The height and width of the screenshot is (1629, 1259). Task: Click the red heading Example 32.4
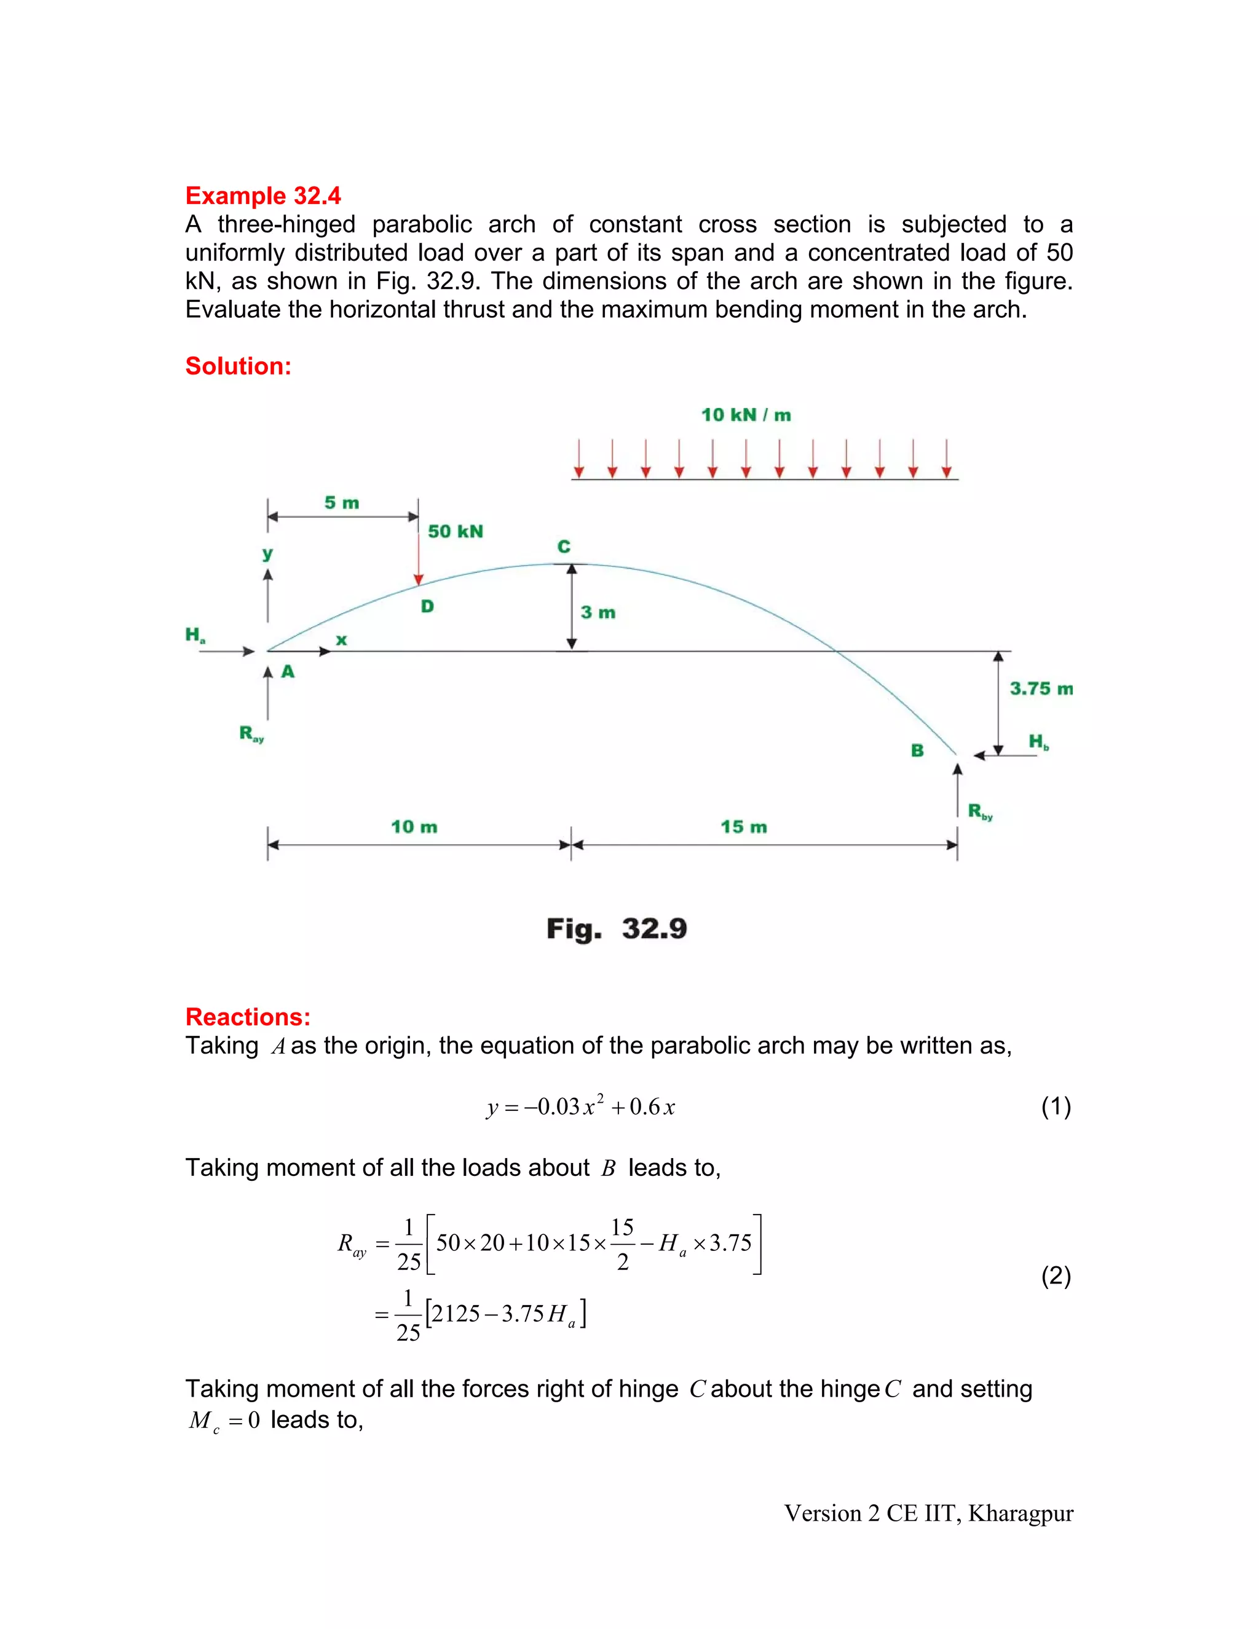click(x=262, y=195)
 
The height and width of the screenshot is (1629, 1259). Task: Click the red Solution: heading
click(x=238, y=366)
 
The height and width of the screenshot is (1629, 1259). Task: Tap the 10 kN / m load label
click(x=745, y=415)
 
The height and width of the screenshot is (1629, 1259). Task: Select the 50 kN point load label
click(x=455, y=531)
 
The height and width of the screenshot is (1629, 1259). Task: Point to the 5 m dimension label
click(x=342, y=503)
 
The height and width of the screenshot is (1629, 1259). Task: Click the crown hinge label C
click(x=564, y=546)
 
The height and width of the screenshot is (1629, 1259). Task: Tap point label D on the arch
click(x=427, y=606)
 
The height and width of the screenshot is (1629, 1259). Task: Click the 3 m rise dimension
click(x=598, y=612)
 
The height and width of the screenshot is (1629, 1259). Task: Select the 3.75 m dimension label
click(x=1041, y=688)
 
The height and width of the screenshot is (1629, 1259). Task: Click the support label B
click(x=917, y=751)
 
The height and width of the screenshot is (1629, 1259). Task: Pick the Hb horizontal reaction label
click(x=1038, y=741)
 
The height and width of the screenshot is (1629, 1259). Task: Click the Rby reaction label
click(x=979, y=811)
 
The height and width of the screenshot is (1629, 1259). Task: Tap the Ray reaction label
click(x=251, y=734)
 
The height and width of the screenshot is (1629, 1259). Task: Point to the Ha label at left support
click(x=195, y=636)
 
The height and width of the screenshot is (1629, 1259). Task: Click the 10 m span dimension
click(x=414, y=826)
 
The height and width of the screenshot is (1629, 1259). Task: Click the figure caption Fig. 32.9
click(x=616, y=929)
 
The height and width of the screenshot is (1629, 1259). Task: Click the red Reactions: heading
click(x=248, y=1017)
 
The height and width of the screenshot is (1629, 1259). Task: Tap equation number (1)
click(x=1056, y=1105)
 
